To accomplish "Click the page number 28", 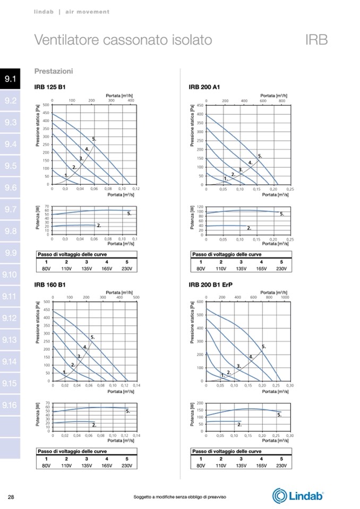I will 11,497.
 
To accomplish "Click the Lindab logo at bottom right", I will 298,496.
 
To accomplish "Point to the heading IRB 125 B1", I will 46,87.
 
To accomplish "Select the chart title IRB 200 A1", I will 201,87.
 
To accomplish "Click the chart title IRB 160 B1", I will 46,284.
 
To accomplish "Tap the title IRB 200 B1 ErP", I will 210,284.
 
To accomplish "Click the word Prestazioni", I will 54,71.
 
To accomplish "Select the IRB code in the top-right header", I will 316,40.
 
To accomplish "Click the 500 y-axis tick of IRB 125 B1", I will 46,105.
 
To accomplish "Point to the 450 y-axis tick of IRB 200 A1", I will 201,105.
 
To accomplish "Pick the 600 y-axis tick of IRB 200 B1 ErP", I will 201,301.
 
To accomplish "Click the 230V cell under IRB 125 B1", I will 127,268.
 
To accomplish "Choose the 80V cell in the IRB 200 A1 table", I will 201,268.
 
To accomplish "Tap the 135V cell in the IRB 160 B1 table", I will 87,465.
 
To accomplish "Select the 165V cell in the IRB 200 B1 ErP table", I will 261,465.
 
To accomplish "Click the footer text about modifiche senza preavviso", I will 180,497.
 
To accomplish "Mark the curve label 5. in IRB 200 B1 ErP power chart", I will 279,415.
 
